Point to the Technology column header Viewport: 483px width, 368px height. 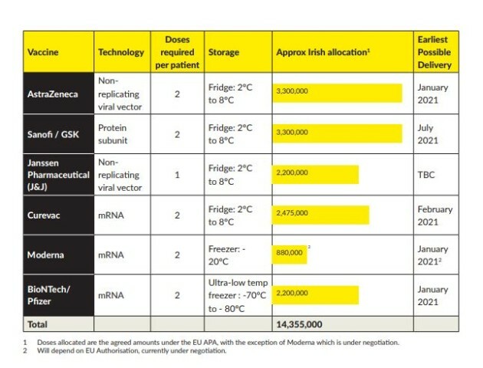(121, 52)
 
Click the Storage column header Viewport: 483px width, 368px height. (224, 52)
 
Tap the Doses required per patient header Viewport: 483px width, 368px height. (177, 52)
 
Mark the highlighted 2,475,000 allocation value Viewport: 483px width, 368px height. (291, 212)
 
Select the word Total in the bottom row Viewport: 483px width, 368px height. (39, 324)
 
